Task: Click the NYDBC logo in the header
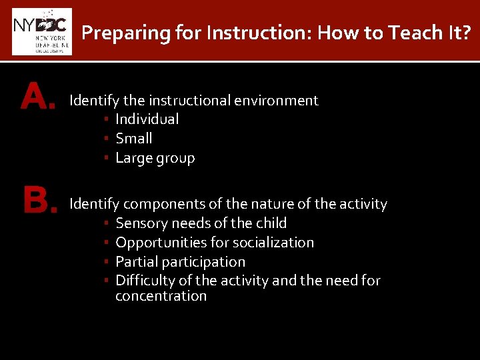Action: click(x=41, y=31)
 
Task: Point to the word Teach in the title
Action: click(x=391, y=32)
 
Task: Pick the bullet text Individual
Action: click(x=147, y=119)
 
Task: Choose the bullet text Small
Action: click(x=133, y=139)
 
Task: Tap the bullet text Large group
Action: click(x=155, y=159)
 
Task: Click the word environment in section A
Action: click(x=276, y=101)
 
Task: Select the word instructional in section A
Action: click(x=189, y=101)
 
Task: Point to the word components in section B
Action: click(x=158, y=204)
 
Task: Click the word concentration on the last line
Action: click(x=161, y=296)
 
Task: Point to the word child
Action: click(x=271, y=223)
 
